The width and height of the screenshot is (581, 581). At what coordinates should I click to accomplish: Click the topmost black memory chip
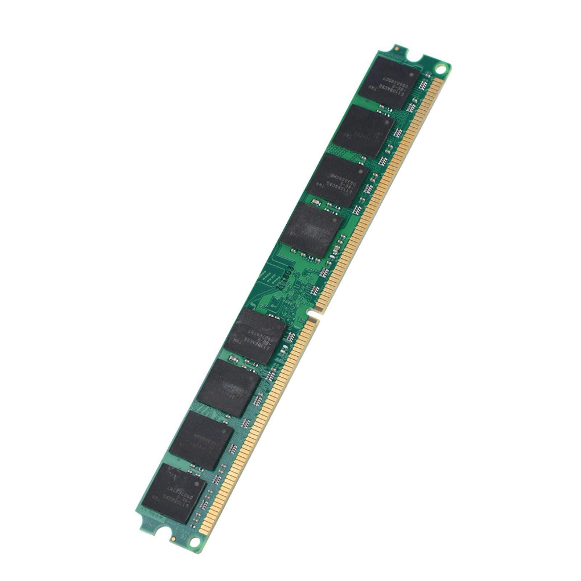(x=389, y=83)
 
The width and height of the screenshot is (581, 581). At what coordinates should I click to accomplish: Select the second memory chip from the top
(x=363, y=132)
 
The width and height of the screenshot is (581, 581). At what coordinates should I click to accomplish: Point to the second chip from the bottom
(x=201, y=440)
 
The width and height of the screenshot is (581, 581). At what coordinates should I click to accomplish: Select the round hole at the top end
(x=440, y=67)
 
